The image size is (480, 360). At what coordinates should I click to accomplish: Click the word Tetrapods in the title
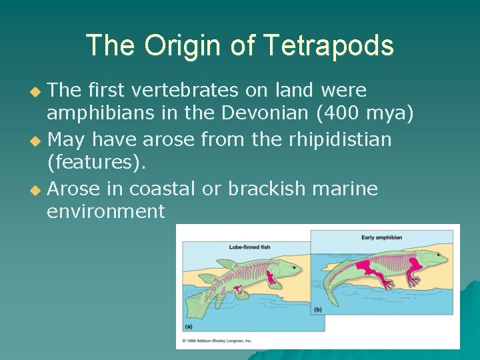(328, 46)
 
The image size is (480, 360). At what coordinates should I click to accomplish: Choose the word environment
(105, 213)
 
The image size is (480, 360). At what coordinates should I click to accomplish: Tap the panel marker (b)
(317, 309)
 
